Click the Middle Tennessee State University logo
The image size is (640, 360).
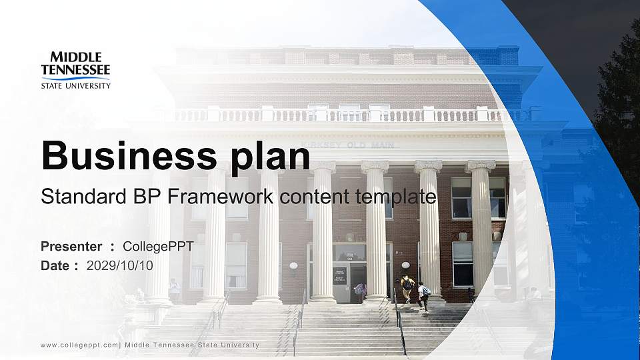point(75,70)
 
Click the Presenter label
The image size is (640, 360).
point(71,247)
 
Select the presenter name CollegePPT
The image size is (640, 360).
point(158,247)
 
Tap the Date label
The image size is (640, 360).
point(55,265)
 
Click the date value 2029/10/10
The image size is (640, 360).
point(120,265)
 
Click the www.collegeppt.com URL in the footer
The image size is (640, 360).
point(79,345)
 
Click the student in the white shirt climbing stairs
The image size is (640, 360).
point(423,295)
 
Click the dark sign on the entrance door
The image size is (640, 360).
point(339,275)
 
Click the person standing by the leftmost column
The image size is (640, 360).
point(174,290)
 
